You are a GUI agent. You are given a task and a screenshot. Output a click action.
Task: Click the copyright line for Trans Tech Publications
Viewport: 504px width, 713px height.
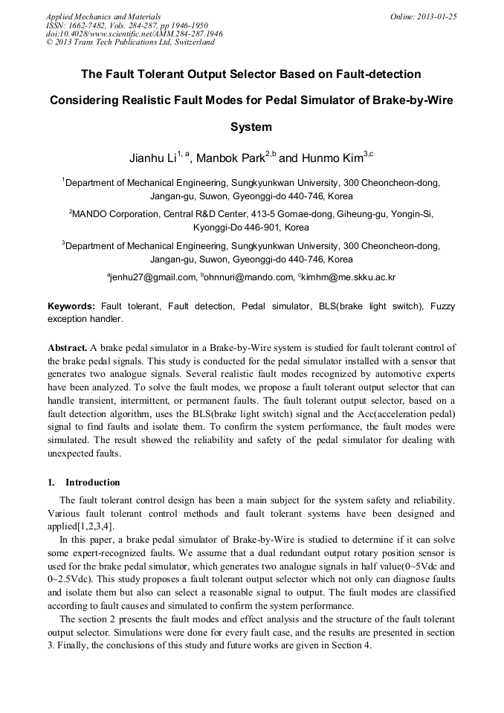coord(130,42)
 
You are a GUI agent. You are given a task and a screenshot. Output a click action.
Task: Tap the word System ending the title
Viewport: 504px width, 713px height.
coord(251,126)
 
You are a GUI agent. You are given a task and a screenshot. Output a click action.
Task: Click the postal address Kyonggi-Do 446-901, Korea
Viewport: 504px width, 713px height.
coord(251,228)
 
